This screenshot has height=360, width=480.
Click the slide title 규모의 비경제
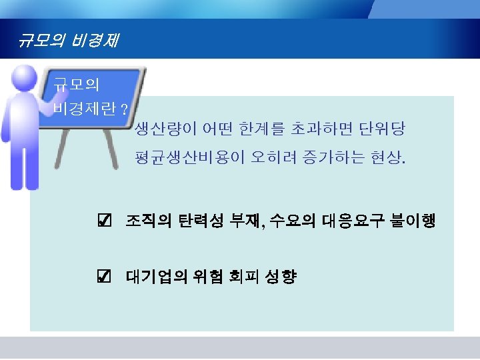coord(69,41)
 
